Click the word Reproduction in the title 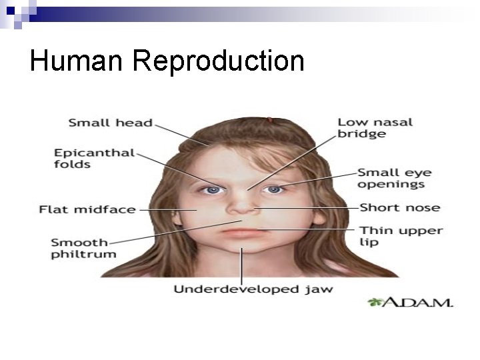point(218,62)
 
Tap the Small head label point(111,123)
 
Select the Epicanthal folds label point(94,159)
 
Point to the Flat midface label point(87,209)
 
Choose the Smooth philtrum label point(83,248)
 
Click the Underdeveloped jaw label point(253,289)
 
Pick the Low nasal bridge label point(375,128)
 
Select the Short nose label point(400,207)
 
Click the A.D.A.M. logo point(410,302)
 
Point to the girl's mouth point(241,233)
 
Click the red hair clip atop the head point(269,121)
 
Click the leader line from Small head point(180,134)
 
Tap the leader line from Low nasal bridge point(293,160)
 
